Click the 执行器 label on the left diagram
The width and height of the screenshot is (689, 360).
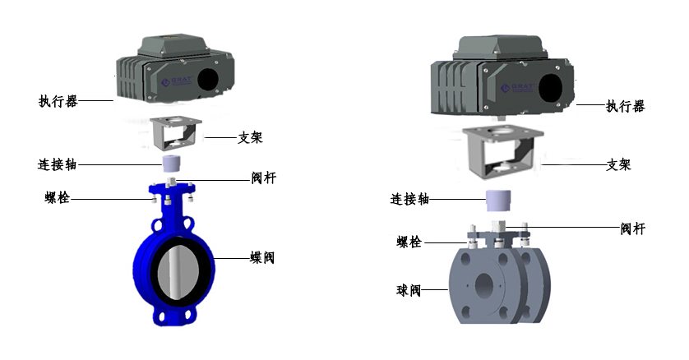click(x=58, y=101)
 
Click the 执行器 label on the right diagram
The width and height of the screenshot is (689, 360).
click(x=626, y=106)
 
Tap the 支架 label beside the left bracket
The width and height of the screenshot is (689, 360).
click(x=250, y=138)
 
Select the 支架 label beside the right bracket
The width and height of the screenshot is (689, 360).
click(x=618, y=165)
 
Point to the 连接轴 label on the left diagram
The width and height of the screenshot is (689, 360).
click(x=57, y=164)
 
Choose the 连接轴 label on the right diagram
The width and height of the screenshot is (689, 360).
click(x=409, y=200)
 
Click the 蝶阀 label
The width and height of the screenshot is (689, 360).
click(x=262, y=257)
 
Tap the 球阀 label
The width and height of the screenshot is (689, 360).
click(x=409, y=290)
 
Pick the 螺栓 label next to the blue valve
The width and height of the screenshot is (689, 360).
click(x=57, y=197)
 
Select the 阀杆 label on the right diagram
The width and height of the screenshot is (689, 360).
click(x=633, y=228)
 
